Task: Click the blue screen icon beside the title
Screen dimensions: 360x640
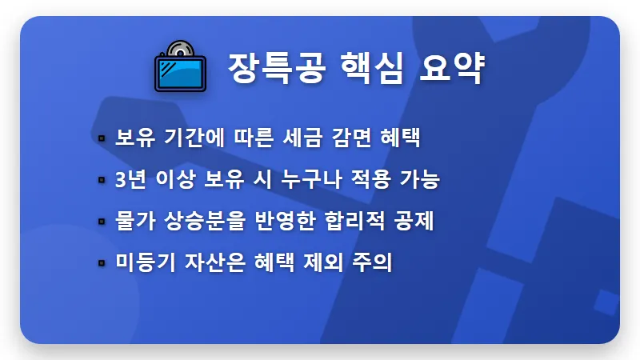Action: [179, 66]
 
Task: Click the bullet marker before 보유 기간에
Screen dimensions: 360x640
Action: [102, 138]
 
